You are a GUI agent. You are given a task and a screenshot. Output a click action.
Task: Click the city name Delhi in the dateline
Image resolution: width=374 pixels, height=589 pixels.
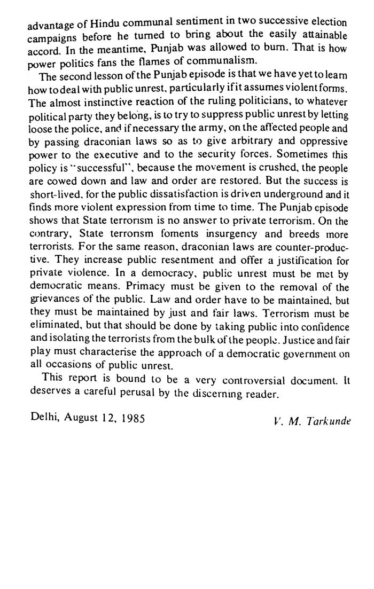44,418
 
